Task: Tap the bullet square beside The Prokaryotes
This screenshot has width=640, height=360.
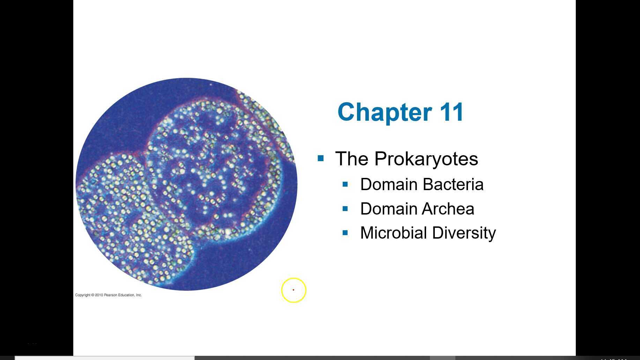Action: coord(321,159)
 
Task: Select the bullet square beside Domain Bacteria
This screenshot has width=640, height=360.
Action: coord(345,184)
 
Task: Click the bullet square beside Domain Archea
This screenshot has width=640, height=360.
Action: coord(345,209)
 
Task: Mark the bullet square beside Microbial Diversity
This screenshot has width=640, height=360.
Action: coord(345,233)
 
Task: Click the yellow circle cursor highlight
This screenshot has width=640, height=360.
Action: coord(294,290)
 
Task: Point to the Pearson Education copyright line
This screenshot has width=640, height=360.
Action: coord(108,295)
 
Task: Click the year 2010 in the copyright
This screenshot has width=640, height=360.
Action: coord(99,295)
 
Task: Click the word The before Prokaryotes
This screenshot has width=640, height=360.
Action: coord(352,159)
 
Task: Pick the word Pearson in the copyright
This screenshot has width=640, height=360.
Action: coord(110,295)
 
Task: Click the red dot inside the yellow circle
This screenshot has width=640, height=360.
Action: coord(293,290)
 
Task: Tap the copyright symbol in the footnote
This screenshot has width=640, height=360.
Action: coord(92,295)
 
